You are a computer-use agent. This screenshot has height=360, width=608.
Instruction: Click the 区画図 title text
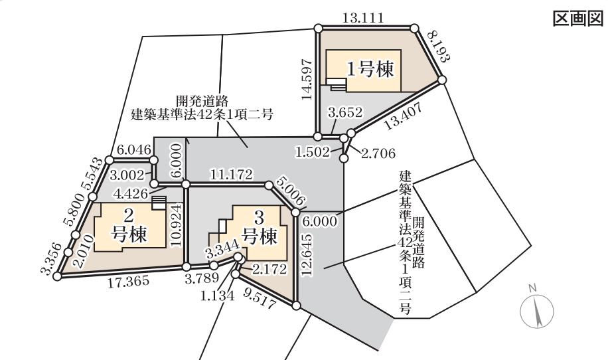pyautogui.click(x=577, y=19)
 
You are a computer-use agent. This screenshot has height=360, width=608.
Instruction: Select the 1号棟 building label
pyautogui.click(x=368, y=68)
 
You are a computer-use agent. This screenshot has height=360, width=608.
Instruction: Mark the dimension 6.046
pyautogui.click(x=133, y=151)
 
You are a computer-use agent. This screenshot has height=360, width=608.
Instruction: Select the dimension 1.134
pyautogui.click(x=217, y=296)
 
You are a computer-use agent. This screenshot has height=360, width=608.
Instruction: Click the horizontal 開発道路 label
pyautogui.click(x=202, y=100)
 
